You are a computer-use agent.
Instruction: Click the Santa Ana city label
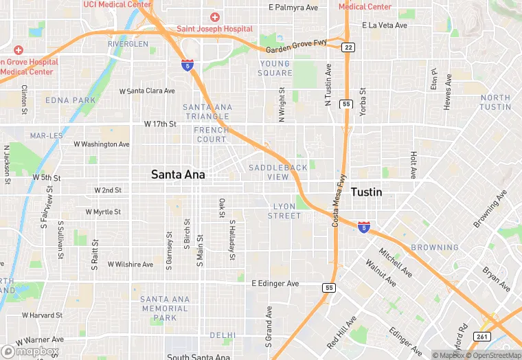tap(178, 175)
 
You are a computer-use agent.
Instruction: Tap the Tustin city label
tap(366, 192)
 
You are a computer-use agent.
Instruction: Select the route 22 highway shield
tap(349, 47)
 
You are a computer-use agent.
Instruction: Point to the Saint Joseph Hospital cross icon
tap(215, 16)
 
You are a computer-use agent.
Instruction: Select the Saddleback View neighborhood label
tap(278, 172)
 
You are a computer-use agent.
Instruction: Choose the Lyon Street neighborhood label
tap(284, 211)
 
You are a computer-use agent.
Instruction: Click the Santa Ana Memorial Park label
tap(164, 308)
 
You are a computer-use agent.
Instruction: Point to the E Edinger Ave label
tap(275, 283)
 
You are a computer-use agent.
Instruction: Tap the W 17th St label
tap(160, 124)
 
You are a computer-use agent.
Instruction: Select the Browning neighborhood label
tap(435, 247)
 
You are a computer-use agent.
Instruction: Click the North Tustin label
tap(495, 102)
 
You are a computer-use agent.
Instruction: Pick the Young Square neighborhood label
tap(275, 68)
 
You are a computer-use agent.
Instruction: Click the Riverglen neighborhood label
tap(128, 44)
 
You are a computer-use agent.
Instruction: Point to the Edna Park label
tap(71, 100)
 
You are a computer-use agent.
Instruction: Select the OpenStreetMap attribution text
tap(492, 355)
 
